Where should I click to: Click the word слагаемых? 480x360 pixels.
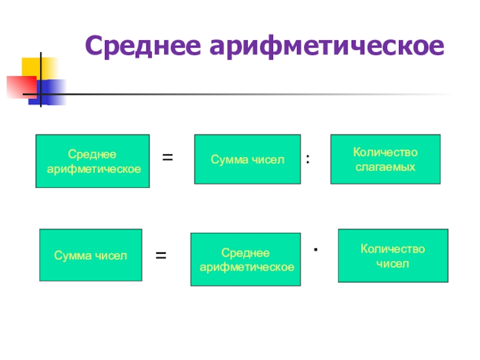(385, 166)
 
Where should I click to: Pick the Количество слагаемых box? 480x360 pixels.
(385, 159)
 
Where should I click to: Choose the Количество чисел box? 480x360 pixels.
(393, 256)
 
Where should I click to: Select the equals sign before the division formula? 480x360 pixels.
(168, 158)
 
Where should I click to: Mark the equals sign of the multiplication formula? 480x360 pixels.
(161, 256)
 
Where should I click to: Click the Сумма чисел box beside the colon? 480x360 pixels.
(247, 160)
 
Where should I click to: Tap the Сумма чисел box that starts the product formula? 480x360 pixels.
(91, 255)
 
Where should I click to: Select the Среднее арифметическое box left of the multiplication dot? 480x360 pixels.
(245, 259)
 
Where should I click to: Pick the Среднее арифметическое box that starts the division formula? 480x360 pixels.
(92, 161)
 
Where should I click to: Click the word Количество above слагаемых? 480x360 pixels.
(385, 152)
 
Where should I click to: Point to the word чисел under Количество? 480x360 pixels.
(393, 263)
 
